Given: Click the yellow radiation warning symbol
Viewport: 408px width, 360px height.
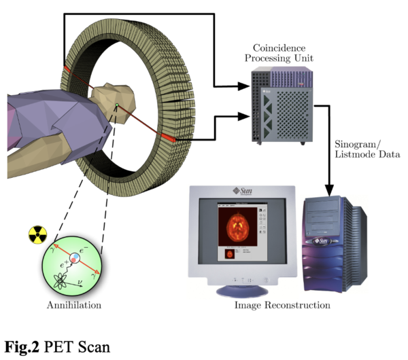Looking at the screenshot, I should [x=37, y=235].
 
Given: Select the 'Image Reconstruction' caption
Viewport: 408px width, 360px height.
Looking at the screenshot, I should [x=282, y=305].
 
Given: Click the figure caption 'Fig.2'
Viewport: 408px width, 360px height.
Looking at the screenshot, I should [x=23, y=345].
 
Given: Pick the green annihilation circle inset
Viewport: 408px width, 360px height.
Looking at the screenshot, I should [x=72, y=267].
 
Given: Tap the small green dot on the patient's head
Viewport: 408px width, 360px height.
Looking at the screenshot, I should [x=117, y=105].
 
